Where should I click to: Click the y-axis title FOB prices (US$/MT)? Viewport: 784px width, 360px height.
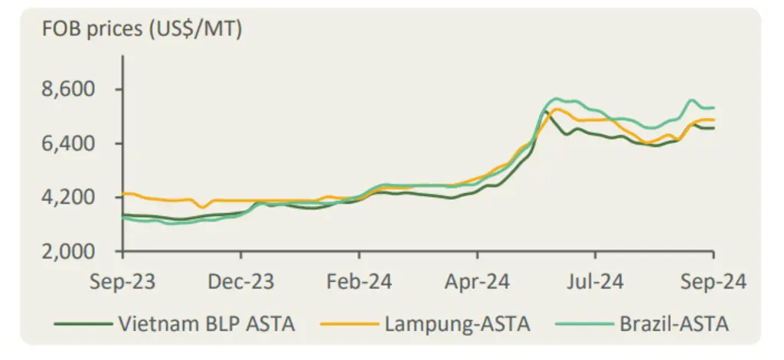(142, 30)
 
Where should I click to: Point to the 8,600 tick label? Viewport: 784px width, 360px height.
(68, 90)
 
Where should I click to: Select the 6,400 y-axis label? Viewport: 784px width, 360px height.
(68, 144)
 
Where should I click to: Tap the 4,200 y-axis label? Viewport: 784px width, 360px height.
(68, 198)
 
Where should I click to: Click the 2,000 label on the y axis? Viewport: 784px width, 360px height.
(68, 251)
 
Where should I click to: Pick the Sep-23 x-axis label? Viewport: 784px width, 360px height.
(122, 282)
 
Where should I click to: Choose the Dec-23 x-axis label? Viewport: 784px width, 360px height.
(241, 282)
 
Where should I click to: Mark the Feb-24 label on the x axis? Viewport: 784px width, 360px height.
(359, 282)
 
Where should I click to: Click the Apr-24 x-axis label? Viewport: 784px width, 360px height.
(477, 282)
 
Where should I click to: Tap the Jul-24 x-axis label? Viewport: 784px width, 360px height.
(595, 282)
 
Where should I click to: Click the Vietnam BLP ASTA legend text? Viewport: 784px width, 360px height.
(206, 325)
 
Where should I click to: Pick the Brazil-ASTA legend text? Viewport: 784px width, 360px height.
(674, 325)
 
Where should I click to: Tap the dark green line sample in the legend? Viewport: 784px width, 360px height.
(83, 324)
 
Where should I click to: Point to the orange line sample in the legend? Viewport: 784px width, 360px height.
(349, 324)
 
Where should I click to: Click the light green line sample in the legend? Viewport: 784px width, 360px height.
(585, 324)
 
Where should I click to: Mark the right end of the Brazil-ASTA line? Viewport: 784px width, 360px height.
(714, 107)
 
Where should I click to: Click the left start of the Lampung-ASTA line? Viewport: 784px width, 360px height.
(123, 194)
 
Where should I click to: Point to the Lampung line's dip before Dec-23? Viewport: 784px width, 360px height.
(202, 207)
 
